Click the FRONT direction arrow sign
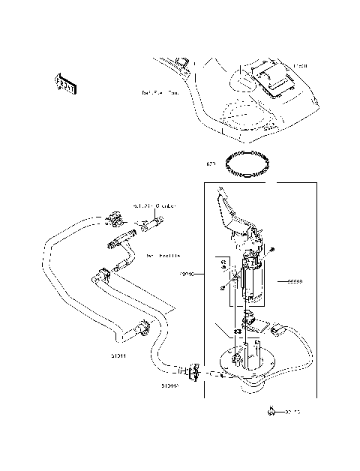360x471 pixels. coord(66,83)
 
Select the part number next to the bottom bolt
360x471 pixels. coord(292,412)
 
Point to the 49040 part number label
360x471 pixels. coord(187,275)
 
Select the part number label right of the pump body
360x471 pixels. coord(294,282)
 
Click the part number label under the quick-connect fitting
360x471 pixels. coord(169,386)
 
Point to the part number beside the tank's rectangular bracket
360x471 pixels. coord(301,67)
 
